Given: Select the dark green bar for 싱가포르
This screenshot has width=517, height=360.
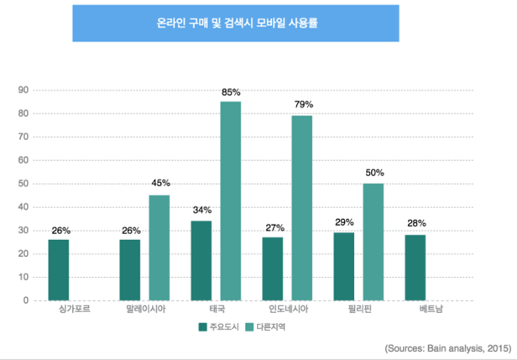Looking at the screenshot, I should (59, 269).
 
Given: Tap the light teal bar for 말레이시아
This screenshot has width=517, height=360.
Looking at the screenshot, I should (159, 248).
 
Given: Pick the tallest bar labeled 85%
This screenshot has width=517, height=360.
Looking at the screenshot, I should (230, 201).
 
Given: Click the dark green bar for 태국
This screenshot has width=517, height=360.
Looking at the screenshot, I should (201, 260).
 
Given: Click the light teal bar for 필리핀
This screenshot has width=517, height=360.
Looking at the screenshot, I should (373, 242).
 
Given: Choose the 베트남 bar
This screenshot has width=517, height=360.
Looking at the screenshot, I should (416, 267).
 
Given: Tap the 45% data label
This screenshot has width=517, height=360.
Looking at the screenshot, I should (159, 183).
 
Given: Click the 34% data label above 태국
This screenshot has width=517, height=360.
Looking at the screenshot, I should (201, 210).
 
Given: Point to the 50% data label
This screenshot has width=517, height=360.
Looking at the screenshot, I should (374, 172).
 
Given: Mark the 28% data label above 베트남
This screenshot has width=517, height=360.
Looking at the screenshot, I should (416, 223).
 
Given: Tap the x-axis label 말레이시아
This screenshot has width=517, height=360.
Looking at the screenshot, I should (144, 310).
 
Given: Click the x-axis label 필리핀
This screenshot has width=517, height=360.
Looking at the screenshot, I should (359, 310).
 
